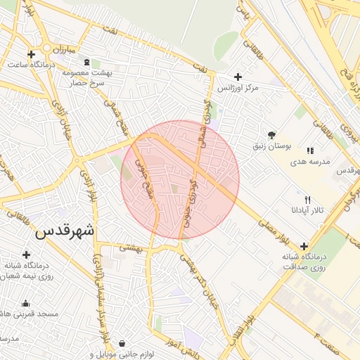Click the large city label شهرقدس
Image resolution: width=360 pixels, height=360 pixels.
click(x=64, y=230)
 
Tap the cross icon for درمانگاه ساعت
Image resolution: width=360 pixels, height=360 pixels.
click(x=31, y=54)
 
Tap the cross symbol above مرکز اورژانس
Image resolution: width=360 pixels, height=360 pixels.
click(x=237, y=77)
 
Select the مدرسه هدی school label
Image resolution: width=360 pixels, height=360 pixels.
click(x=310, y=162)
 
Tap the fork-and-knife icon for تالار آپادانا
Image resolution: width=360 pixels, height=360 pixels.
click(x=307, y=200)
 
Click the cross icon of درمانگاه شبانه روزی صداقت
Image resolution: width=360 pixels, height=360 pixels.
click(x=304, y=246)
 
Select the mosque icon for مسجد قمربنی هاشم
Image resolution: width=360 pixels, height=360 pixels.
click(x=26, y=304)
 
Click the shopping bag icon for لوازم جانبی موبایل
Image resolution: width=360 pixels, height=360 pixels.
click(x=123, y=344)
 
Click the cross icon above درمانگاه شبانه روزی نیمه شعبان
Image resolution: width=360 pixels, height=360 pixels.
click(x=27, y=255)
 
